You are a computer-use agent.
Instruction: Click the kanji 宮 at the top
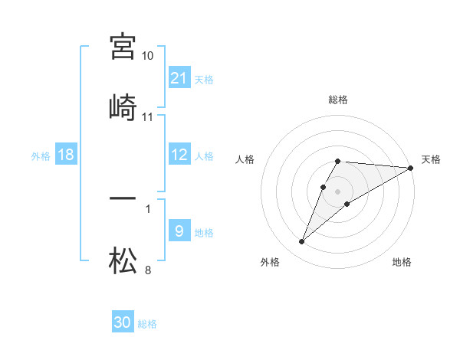pyautogui.click(x=123, y=47)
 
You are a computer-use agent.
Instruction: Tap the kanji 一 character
pyautogui.click(x=123, y=199)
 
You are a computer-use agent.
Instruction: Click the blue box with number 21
pyautogui.click(x=179, y=77)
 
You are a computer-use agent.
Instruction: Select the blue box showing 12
pyautogui.click(x=179, y=155)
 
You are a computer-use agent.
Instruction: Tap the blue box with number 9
pyautogui.click(x=179, y=231)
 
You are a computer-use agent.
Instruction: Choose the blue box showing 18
pyautogui.click(x=66, y=155)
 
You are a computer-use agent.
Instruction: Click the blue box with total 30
pyautogui.click(x=123, y=322)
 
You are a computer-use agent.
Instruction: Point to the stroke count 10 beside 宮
pyautogui.click(x=148, y=56)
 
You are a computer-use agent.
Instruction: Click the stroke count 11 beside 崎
pyautogui.click(x=148, y=117)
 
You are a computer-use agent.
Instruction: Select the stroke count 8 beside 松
pyautogui.click(x=148, y=270)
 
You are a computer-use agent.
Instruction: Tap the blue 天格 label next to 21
pyautogui.click(x=204, y=79)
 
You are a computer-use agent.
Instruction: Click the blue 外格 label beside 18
pyautogui.click(x=41, y=156)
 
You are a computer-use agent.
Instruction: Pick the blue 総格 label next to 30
pyautogui.click(x=147, y=324)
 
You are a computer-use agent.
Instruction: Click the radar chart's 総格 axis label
pyautogui.click(x=337, y=100)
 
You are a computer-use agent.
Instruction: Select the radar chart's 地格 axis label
pyautogui.click(x=402, y=262)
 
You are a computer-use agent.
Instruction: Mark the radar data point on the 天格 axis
pyautogui.click(x=411, y=168)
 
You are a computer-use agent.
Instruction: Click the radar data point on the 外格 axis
pyautogui.click(x=301, y=242)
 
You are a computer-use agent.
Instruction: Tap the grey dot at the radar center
pyautogui.click(x=337, y=191)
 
